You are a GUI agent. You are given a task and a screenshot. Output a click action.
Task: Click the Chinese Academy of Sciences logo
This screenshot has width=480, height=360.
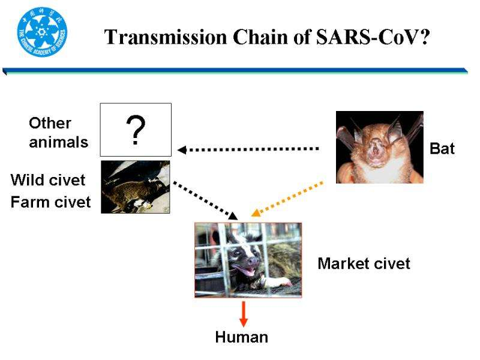coord(42,32)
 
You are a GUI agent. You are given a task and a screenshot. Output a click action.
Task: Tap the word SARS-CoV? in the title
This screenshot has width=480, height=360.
coord(373,37)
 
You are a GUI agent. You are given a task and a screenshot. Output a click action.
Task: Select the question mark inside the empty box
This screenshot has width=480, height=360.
coord(136,130)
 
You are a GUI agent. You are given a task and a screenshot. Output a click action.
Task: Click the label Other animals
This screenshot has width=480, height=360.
coord(58,133)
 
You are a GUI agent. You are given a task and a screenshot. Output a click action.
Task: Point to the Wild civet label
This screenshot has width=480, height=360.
coord(48,179)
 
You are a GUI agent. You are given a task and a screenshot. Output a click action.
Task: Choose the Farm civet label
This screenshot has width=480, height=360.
coord(50,202)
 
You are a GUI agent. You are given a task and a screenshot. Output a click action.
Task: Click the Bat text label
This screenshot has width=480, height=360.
coord(442,148)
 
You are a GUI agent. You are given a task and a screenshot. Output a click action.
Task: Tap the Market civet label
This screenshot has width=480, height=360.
coord(364,263)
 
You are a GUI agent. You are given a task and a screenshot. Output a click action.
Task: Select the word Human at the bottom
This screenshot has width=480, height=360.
coord(242,337)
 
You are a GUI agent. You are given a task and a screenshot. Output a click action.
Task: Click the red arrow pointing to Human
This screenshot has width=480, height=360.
coord(244,314)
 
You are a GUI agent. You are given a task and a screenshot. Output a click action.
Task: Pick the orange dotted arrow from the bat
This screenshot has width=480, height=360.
coord(287,199)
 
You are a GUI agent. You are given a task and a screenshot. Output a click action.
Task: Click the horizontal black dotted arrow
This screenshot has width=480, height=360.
coord(248,149)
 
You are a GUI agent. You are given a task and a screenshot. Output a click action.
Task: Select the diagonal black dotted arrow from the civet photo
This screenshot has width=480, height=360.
coord(205,201)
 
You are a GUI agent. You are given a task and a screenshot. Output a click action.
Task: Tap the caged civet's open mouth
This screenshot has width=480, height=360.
coord(247,271)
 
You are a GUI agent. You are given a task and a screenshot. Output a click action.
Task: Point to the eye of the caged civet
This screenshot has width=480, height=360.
coord(237,253)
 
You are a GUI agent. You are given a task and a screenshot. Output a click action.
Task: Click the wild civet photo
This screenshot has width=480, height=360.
coord(136,187)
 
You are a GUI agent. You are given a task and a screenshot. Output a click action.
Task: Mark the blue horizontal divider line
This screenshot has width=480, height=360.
coord(235,71)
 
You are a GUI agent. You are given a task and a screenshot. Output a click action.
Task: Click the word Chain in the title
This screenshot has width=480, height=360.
coord(260,37)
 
